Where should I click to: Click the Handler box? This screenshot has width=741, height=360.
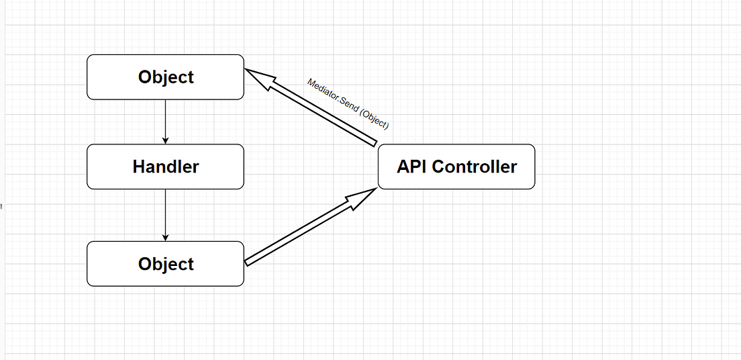point(165,167)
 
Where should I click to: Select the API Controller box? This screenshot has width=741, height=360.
point(456,167)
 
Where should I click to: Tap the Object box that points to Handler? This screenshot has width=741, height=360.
point(165,77)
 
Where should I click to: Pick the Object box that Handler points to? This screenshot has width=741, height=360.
point(165,264)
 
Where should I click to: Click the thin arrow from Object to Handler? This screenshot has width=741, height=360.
point(165,121)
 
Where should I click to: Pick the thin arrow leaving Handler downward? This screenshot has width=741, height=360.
point(165,214)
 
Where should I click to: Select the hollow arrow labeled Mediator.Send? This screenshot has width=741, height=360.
point(315,109)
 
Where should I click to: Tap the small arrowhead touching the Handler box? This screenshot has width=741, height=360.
point(165,140)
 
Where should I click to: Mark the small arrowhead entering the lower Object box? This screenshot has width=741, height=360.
point(165,237)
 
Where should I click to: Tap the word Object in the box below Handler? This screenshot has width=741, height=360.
point(165,264)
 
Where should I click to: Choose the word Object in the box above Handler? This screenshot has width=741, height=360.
point(165,77)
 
